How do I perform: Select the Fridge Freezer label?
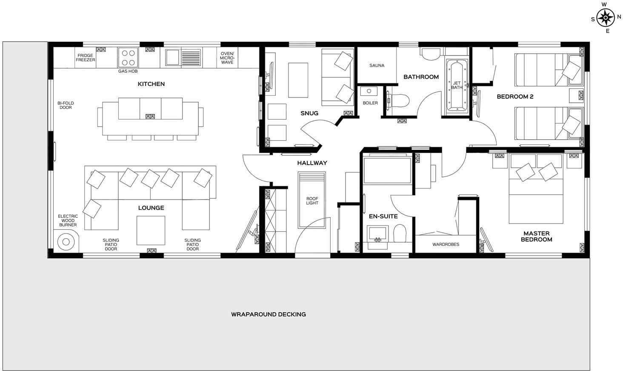tap(86, 58)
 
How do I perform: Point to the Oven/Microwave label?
tap(227, 58)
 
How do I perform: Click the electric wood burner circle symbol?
tap(66, 242)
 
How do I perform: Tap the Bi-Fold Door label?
tap(66, 105)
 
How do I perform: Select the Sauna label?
tap(377, 66)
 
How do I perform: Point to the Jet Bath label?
tap(457, 85)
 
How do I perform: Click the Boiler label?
tap(370, 103)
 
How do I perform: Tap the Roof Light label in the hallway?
tap(312, 201)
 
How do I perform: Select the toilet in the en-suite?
tap(400, 233)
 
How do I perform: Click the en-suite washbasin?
tap(377, 234)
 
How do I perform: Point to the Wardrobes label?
tap(446, 245)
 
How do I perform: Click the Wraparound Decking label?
tap(268, 314)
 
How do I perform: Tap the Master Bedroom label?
tap(536, 236)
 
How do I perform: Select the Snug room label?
tap(309, 113)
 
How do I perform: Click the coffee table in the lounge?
tap(151, 230)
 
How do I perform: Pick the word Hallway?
tap(312, 163)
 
